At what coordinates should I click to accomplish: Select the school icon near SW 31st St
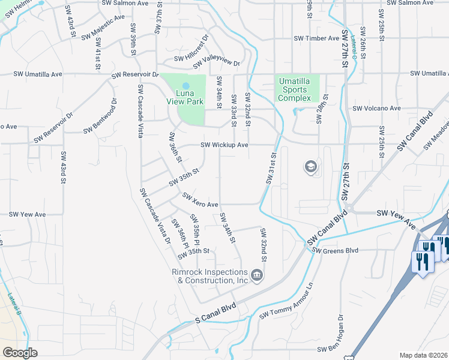(311, 166)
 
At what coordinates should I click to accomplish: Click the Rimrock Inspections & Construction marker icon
(257, 275)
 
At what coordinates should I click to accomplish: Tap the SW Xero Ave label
(200, 200)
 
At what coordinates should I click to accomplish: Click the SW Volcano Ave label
(377, 109)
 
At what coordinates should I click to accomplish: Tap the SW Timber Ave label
(316, 38)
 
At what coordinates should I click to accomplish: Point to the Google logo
(20, 353)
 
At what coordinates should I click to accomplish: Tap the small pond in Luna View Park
(185, 85)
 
